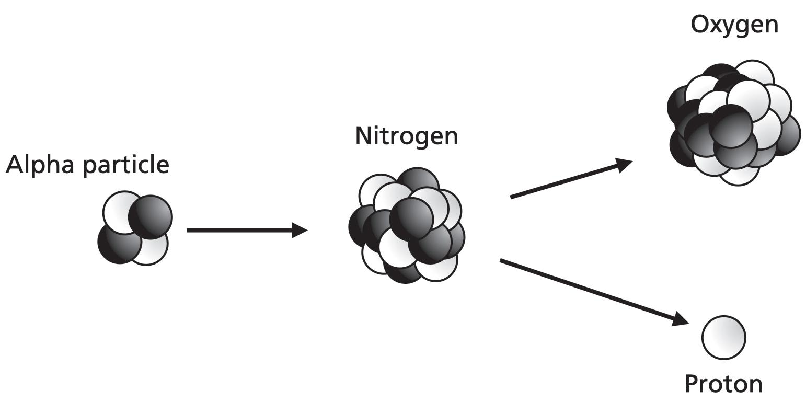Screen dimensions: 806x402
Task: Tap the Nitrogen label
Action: (x=407, y=136)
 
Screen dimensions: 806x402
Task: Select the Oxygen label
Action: (x=734, y=24)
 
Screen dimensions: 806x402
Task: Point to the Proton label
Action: (x=723, y=384)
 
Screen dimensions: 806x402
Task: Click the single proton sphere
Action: (x=723, y=338)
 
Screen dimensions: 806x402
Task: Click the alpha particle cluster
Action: (x=134, y=228)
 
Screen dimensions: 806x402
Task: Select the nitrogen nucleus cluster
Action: (x=407, y=226)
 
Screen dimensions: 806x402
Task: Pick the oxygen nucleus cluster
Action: (x=733, y=122)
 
